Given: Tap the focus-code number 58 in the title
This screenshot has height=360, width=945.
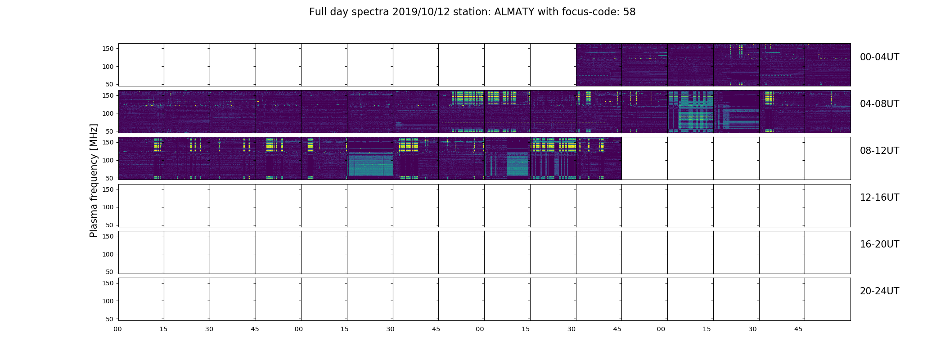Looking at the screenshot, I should tap(629, 12).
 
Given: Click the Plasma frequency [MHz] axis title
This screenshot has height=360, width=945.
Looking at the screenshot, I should tap(94, 180).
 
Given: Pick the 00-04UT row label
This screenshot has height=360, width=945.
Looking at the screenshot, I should tap(879, 57).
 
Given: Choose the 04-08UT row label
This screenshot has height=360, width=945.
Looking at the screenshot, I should tap(879, 104).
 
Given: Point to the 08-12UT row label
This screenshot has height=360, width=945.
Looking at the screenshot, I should tap(879, 151).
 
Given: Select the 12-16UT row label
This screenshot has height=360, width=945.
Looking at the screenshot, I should tap(879, 198).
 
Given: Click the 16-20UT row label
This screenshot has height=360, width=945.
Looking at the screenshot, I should tap(879, 244).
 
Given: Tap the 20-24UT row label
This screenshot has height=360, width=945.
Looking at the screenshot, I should tap(879, 291).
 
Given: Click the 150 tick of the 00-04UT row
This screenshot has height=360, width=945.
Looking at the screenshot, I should tap(108, 49).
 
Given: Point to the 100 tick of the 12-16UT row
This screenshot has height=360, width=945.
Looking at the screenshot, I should tap(108, 207).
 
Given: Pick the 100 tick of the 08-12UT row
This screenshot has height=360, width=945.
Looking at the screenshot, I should tap(108, 160).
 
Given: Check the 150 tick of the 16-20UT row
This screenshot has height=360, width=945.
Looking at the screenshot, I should tap(108, 236).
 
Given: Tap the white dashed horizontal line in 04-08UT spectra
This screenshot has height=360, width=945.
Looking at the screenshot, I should tap(522, 122).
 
